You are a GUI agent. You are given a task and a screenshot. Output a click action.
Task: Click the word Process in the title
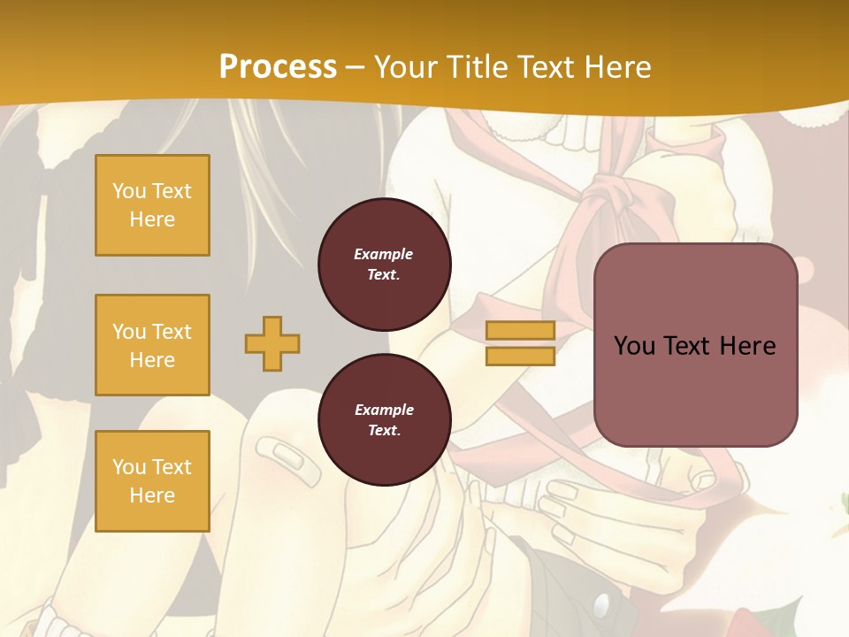point(278,67)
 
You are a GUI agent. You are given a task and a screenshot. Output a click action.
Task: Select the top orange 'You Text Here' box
point(152,205)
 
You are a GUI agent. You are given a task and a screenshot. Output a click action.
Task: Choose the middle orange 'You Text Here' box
point(152,345)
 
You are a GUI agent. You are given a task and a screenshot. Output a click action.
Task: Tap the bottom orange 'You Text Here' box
point(152,481)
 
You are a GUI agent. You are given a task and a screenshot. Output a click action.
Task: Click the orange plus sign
point(272,343)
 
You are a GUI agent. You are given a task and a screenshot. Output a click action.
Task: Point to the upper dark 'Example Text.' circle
point(384,265)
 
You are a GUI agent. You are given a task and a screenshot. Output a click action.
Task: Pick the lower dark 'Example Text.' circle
point(384,420)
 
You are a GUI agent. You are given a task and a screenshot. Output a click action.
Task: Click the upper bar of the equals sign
point(520,331)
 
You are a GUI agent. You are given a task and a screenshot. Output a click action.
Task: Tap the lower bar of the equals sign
point(520,357)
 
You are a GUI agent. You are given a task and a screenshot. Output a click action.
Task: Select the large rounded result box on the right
point(695,345)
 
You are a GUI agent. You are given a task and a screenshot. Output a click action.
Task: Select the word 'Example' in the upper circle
point(384,254)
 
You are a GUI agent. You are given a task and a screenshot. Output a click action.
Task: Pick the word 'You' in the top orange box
point(129,191)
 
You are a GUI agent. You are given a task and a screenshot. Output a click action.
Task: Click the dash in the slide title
point(356,67)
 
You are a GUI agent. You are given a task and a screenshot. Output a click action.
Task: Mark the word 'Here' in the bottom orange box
point(152,495)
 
